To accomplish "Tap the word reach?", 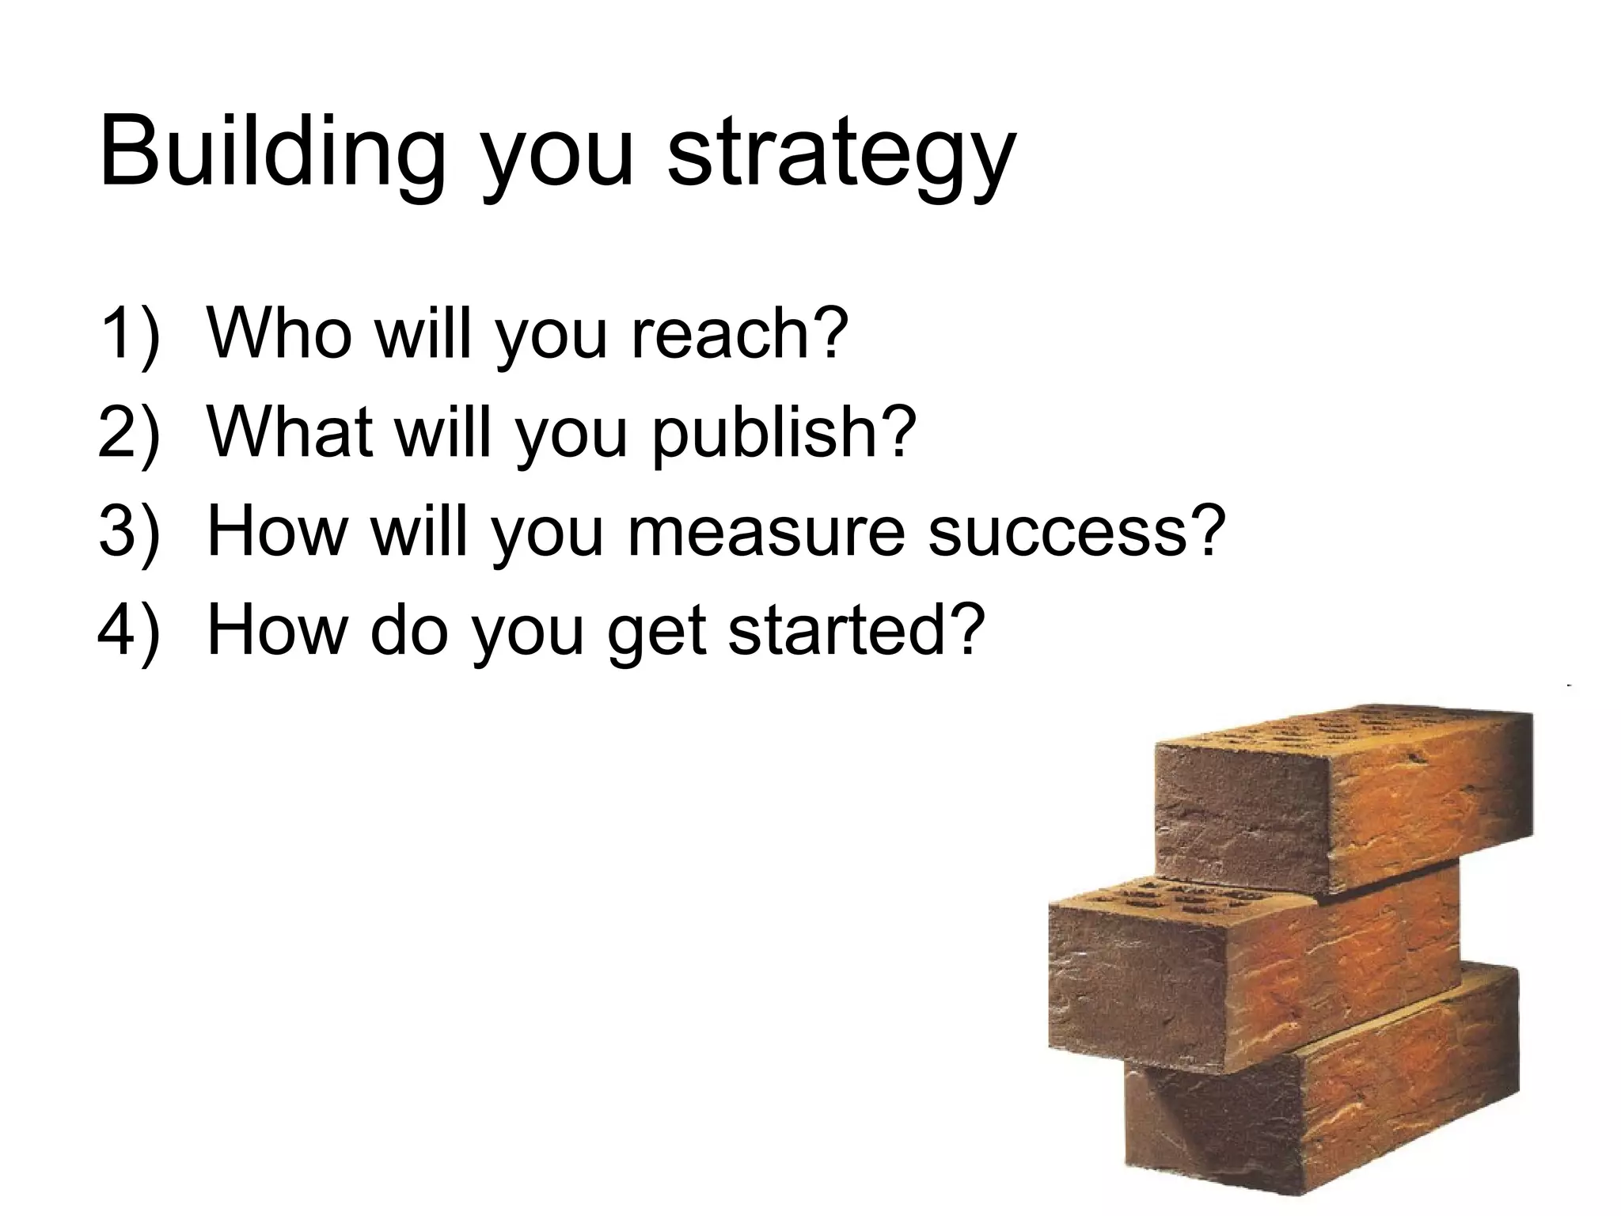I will [739, 333].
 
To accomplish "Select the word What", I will [290, 432].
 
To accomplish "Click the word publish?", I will [784, 434].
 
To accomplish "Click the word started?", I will [855, 630].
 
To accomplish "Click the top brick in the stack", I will [1346, 800].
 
